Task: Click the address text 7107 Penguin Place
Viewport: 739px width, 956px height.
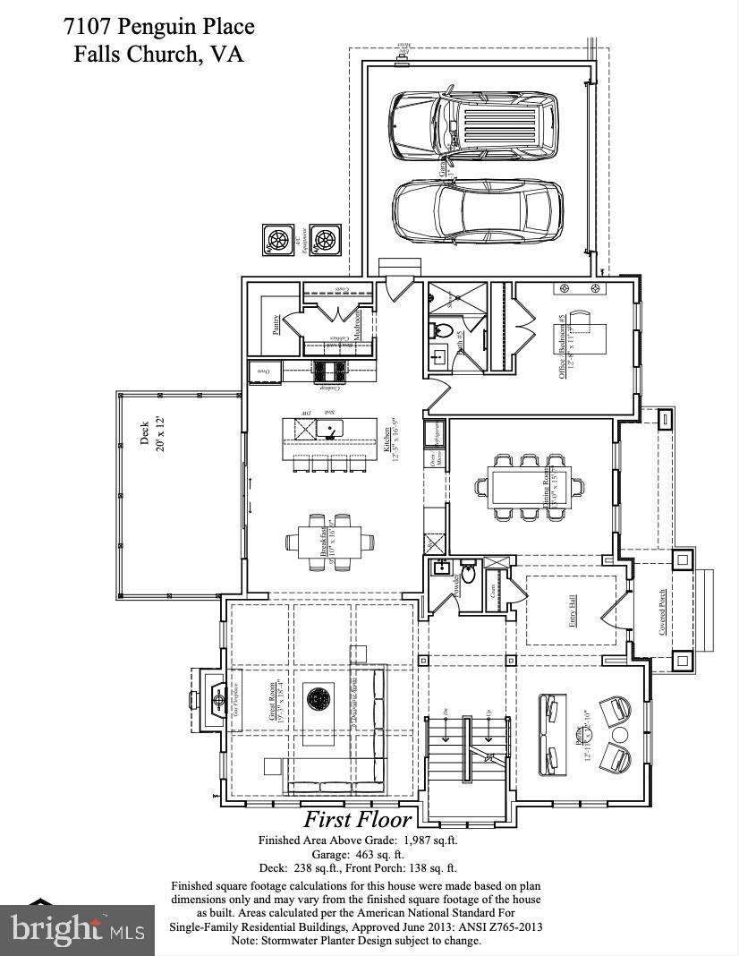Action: pos(158,26)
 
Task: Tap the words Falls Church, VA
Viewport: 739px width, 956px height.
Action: pos(158,55)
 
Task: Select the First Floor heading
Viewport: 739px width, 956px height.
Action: pos(357,818)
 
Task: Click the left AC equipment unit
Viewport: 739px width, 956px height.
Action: pos(277,239)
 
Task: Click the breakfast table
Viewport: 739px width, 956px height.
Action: pos(324,541)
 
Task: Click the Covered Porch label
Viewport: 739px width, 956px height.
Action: pos(662,611)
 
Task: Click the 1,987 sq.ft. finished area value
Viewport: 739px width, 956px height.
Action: pos(425,841)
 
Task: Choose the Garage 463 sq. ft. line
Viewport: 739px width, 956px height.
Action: pos(357,854)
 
